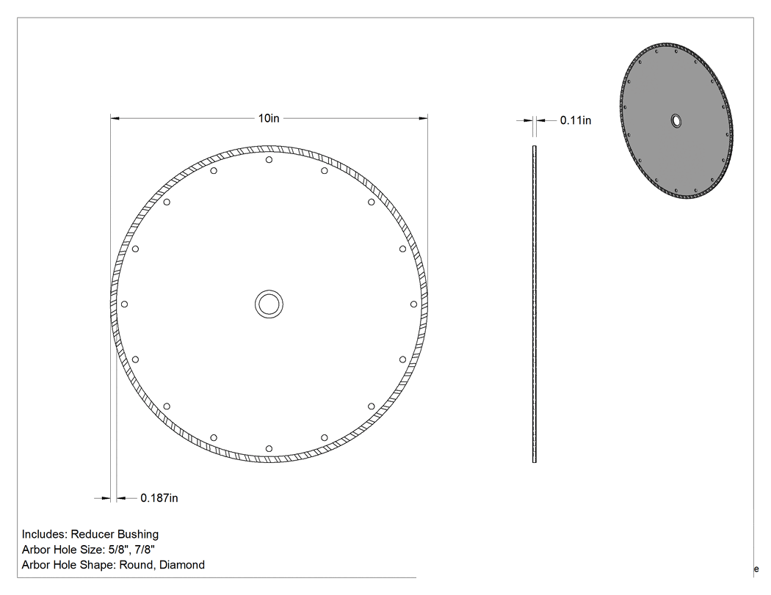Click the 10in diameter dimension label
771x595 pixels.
coord(269,118)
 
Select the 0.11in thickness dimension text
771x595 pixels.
coord(575,120)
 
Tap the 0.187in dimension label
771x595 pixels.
coord(159,498)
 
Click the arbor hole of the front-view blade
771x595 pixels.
coord(269,304)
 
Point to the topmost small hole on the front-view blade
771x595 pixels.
coord(269,160)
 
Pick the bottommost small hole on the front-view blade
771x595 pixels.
coord(269,448)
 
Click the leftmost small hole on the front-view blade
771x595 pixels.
coord(124,304)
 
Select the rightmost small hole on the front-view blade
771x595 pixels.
coord(413,304)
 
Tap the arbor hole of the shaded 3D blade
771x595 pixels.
coord(676,121)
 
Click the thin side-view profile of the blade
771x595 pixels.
coord(535,304)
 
